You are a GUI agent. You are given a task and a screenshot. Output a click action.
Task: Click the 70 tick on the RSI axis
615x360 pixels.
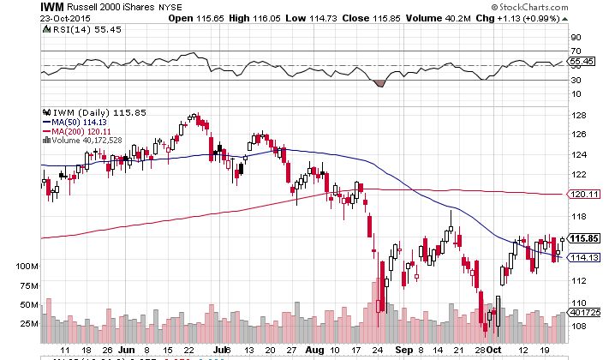(576, 52)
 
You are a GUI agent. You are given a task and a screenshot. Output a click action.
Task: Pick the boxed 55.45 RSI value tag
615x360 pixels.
(583, 63)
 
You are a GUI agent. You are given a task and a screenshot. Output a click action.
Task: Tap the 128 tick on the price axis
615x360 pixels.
(578, 116)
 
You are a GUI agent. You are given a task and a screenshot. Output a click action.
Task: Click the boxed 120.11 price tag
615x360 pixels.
(583, 195)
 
